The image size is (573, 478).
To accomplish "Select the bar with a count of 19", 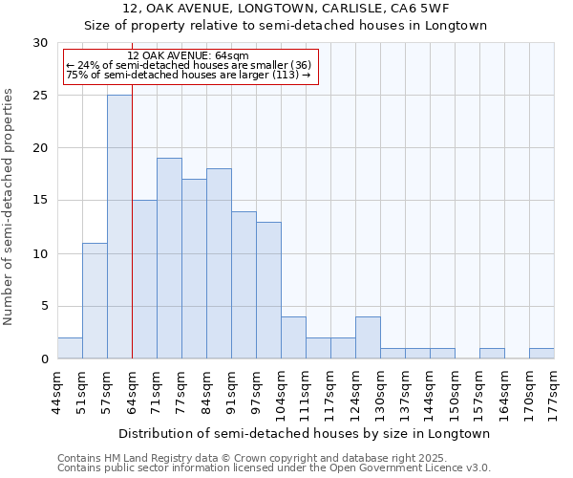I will tap(169, 258).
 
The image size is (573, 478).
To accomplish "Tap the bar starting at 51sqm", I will tap(95, 300).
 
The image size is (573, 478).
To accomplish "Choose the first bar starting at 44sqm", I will tap(70, 348).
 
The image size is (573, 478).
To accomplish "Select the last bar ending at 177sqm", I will tap(541, 353).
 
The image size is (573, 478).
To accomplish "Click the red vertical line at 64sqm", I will tap(132, 239).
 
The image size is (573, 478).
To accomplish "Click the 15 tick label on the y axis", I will tap(40, 201).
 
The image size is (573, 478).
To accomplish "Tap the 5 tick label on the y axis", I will tap(44, 307).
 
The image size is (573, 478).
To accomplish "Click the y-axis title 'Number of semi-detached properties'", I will tap(10, 206).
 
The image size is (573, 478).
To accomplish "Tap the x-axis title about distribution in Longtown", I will tap(306, 433).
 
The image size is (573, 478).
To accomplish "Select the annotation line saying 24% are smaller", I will tap(189, 65).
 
